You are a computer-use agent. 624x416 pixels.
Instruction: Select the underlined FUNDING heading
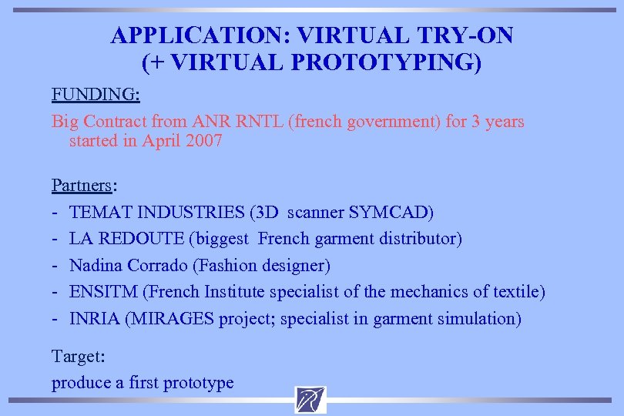click(x=95, y=95)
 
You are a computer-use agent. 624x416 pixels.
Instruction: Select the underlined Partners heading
click(x=82, y=185)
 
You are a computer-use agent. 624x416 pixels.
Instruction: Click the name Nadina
click(x=96, y=266)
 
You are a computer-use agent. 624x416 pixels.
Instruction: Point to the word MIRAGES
click(x=169, y=319)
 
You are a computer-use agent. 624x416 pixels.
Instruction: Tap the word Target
click(x=78, y=357)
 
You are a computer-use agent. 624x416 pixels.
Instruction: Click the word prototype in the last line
click(x=196, y=383)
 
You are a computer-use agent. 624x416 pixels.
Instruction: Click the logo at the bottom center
click(x=310, y=400)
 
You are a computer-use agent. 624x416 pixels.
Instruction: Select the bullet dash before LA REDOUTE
click(x=55, y=239)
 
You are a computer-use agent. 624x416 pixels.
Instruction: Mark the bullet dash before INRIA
click(x=55, y=319)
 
